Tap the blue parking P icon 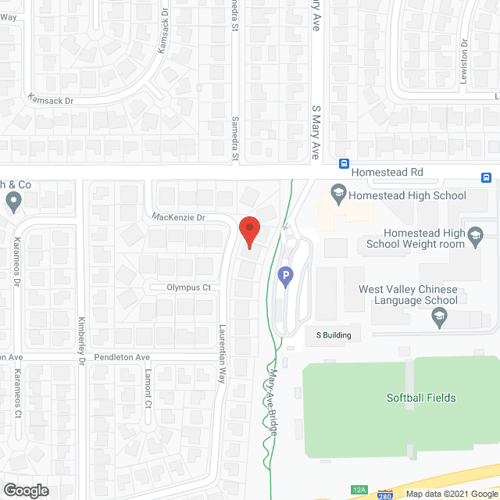coord(286,276)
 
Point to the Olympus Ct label coord(188,287)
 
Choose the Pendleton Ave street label coord(121,357)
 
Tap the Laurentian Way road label coord(221,353)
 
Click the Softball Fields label coord(421,398)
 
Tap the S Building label coord(333,335)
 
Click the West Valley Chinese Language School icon coord(439,317)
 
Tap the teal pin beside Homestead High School coord(338,191)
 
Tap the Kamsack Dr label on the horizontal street coord(50,100)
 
